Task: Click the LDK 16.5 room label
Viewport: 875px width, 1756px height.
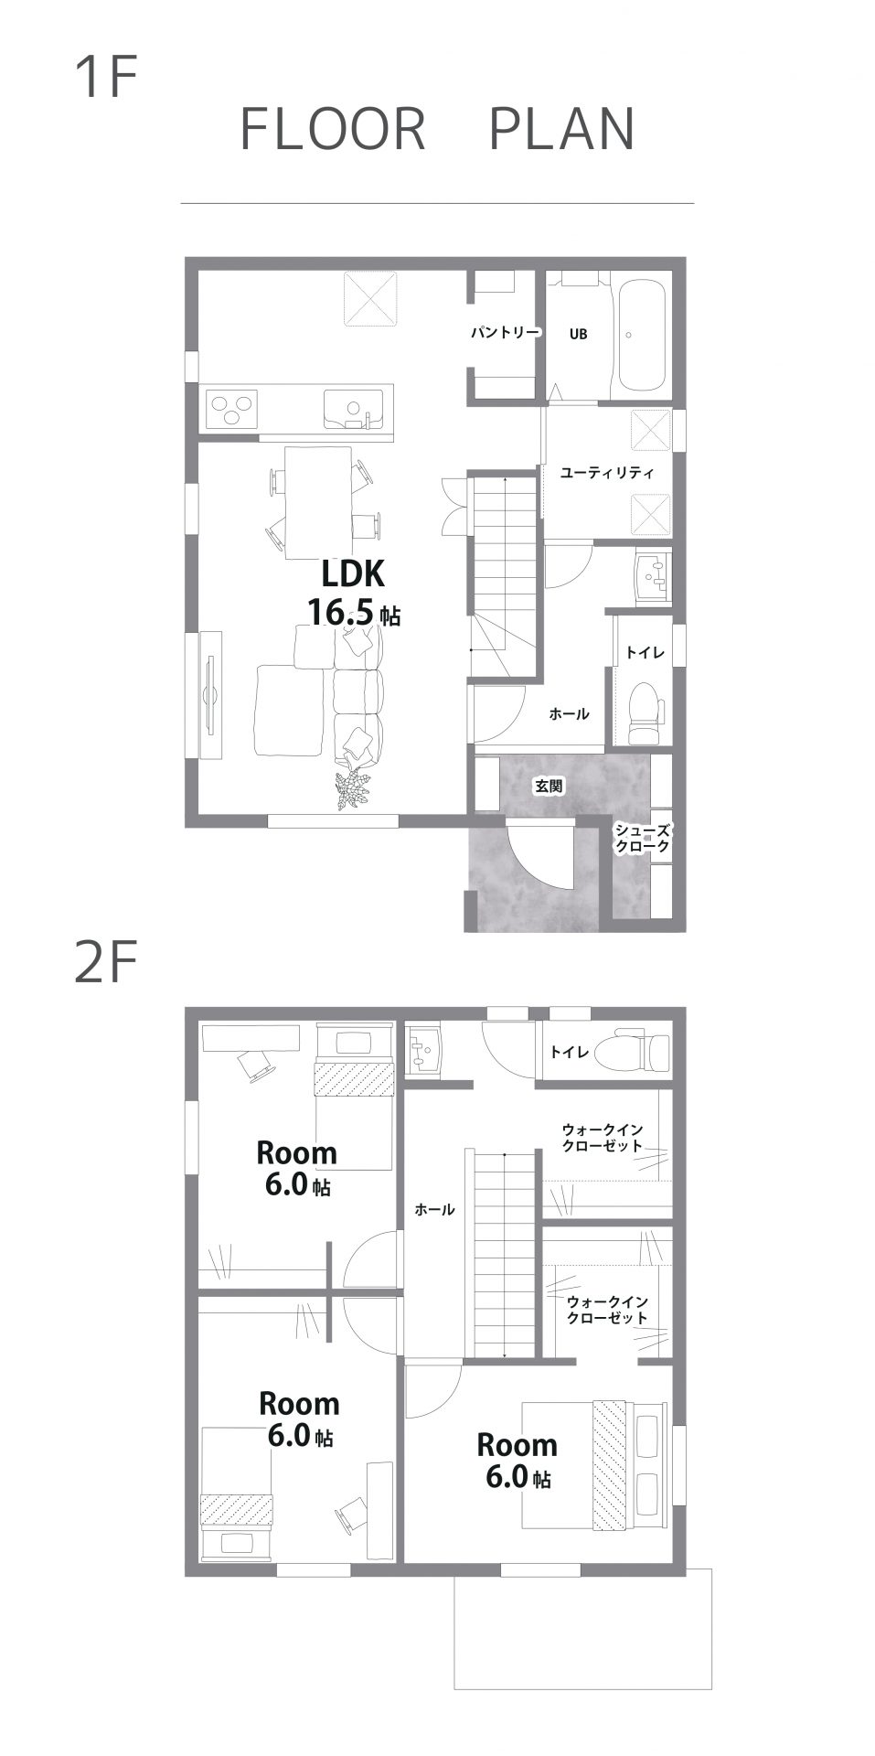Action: pos(352,593)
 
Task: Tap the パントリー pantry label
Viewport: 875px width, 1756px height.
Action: pos(505,333)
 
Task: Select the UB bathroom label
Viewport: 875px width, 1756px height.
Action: pos(578,335)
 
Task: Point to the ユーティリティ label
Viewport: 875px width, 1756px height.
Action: pos(607,473)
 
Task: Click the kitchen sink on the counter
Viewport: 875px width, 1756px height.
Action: pos(353,408)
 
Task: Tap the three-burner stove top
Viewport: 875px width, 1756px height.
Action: pos(232,408)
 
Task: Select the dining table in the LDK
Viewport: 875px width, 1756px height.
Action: pos(318,502)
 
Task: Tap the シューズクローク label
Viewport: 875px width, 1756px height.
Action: pos(642,838)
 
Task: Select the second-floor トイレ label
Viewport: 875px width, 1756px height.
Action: pos(569,1052)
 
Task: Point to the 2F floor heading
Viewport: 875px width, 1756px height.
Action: pos(105,964)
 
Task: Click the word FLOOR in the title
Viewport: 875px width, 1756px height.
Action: pos(333,129)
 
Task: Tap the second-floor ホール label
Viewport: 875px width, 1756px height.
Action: pos(434,1209)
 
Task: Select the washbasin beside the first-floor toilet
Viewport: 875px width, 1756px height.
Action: pos(653,577)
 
